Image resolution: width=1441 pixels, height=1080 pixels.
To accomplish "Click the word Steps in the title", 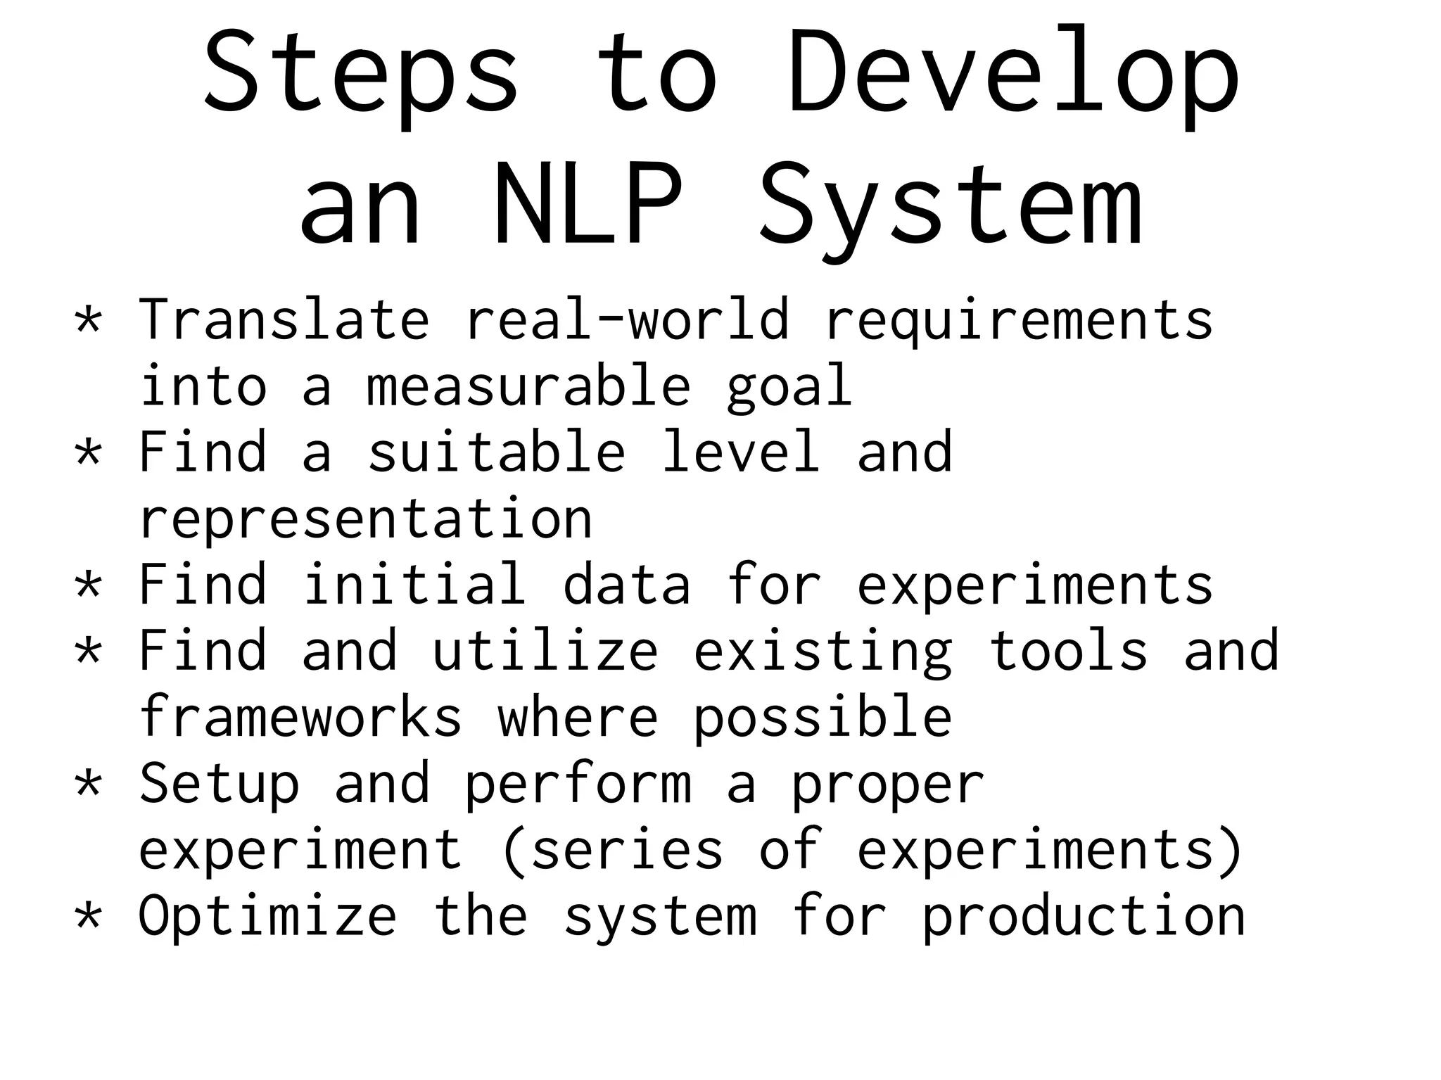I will pyautogui.click(x=361, y=73).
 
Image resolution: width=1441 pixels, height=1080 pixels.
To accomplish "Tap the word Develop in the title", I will pyautogui.click(x=1012, y=73).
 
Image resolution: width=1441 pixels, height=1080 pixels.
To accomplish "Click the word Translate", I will pyautogui.click(x=284, y=320).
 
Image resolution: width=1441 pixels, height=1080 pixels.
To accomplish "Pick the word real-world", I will pyautogui.click(x=627, y=320).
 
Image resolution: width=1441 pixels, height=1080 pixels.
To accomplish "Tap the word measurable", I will pyautogui.click(x=528, y=386).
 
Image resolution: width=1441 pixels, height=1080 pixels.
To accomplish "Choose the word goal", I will pyautogui.click(x=789, y=386).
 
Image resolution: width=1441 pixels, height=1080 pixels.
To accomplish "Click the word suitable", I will pyautogui.click(x=497, y=452).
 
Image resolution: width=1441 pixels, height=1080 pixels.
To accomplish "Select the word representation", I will pyautogui.click(x=366, y=519).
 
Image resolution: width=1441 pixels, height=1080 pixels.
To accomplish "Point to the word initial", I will pyautogui.click(x=414, y=585).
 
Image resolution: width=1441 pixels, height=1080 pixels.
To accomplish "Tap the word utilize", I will pyautogui.click(x=545, y=651).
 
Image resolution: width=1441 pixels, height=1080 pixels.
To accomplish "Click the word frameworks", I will pyautogui.click(x=300, y=717).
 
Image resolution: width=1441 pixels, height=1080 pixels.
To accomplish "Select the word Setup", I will pyautogui.click(x=219, y=784).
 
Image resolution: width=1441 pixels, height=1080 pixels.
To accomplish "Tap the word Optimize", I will pyautogui.click(x=267, y=916).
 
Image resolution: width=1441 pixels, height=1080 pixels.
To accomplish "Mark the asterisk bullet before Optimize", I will pyautogui.click(x=89, y=915).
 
